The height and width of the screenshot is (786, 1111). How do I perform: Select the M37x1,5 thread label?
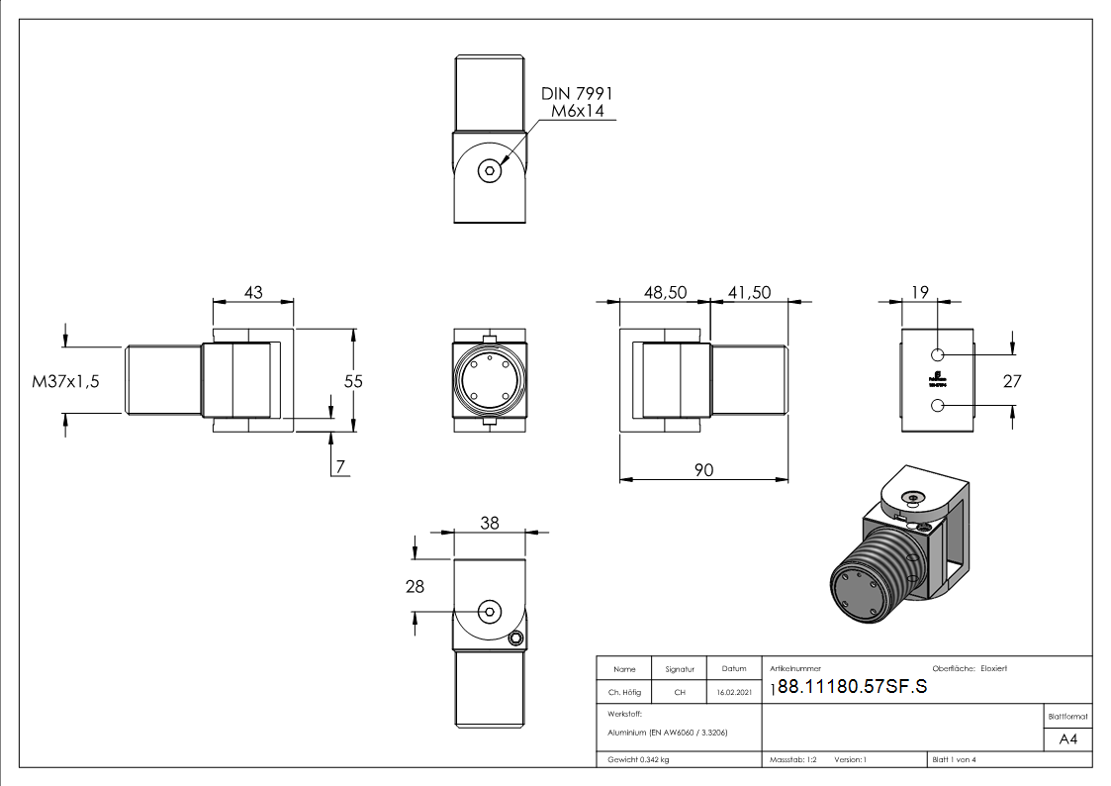(x=66, y=381)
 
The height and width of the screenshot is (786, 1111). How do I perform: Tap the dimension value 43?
(x=253, y=292)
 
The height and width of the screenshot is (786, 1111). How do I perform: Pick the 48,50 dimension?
(x=665, y=292)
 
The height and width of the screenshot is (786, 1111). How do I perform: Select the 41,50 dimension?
(x=749, y=292)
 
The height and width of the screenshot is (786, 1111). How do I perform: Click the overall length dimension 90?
(x=703, y=469)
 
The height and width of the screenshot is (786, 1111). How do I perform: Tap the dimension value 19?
(x=918, y=292)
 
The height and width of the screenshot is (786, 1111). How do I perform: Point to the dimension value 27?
(x=1011, y=381)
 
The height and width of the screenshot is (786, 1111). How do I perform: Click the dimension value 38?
(x=489, y=524)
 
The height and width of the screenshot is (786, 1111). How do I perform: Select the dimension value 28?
(x=415, y=586)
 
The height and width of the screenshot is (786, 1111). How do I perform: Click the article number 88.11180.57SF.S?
(x=853, y=689)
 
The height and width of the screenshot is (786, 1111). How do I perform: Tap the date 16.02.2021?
(x=733, y=693)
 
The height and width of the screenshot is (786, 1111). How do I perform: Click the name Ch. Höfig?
(x=624, y=693)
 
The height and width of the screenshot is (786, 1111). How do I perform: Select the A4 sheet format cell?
(x=1068, y=739)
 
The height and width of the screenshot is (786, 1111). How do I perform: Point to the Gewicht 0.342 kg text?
(x=638, y=759)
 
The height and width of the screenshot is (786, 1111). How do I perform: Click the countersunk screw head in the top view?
(x=490, y=170)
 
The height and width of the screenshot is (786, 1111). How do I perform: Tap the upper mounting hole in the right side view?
(x=938, y=354)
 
